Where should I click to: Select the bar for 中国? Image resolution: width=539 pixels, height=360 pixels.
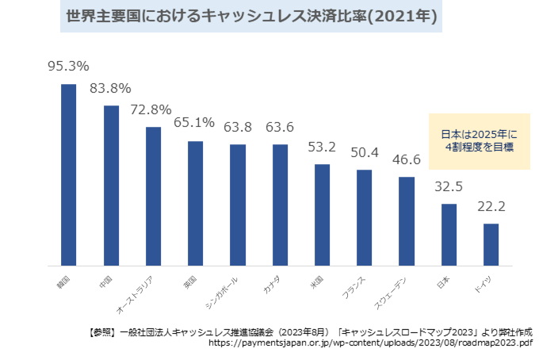[x=111, y=186]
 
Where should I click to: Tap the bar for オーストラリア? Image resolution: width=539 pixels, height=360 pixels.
[x=153, y=196]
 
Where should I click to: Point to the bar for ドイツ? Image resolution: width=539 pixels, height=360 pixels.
[x=491, y=244]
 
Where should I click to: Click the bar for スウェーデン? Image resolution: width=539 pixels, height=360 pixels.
[x=407, y=220]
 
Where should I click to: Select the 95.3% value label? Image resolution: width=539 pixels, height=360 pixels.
[x=68, y=67]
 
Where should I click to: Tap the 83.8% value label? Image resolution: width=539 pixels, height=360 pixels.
[x=110, y=88]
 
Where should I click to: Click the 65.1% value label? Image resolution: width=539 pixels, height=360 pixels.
[x=194, y=123]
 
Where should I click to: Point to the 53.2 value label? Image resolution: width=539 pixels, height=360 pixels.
[x=322, y=147]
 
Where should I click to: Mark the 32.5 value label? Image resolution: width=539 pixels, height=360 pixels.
[x=449, y=186]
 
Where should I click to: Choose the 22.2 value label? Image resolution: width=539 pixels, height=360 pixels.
[x=491, y=206]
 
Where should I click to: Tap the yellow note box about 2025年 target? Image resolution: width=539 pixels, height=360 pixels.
[x=480, y=140]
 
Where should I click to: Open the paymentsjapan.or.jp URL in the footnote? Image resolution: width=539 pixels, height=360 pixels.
[x=371, y=343]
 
